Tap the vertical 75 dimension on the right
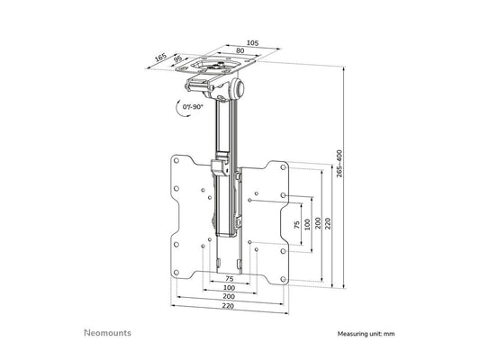pos(296,224)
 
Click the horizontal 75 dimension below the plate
pos(231,279)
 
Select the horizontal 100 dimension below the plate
pos(231,288)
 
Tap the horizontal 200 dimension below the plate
pos(231,297)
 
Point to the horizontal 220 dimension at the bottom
pos(231,307)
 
